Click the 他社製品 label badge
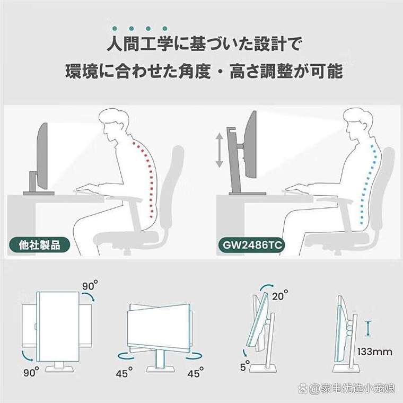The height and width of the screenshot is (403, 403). (x=40, y=246)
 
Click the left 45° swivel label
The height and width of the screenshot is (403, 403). (x=124, y=373)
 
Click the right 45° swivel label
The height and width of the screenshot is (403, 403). (x=195, y=373)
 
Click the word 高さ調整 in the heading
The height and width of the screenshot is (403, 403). (x=268, y=71)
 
